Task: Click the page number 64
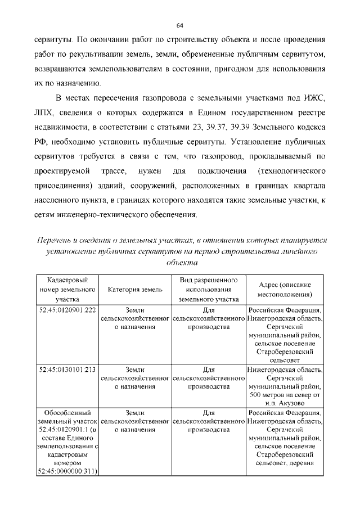180,26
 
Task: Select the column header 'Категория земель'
135,290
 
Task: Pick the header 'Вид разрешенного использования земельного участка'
209,290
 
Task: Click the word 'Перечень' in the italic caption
55,240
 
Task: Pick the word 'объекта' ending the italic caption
180,262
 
